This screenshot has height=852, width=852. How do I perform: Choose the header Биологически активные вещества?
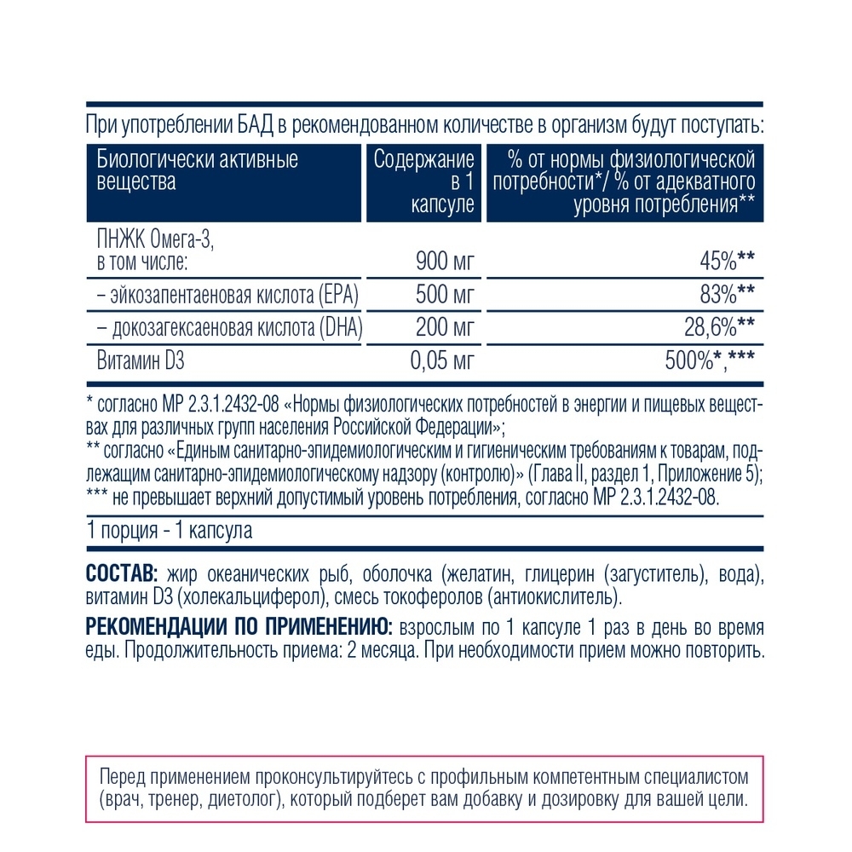(196, 171)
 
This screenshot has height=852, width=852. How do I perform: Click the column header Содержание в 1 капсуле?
(424, 182)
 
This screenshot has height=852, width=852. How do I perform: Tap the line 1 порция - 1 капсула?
(170, 531)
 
